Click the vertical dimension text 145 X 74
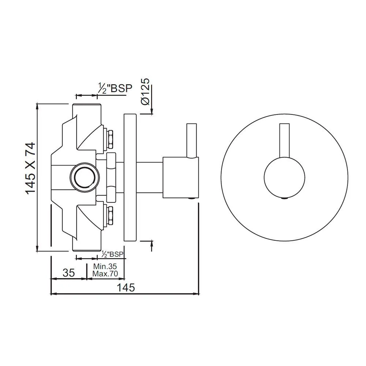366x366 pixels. (x=31, y=168)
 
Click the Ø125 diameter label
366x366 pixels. (x=145, y=91)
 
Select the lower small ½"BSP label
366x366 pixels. (x=112, y=254)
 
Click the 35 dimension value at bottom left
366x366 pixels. (x=68, y=273)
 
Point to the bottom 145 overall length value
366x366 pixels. (x=126, y=287)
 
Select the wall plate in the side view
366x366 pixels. (x=131, y=178)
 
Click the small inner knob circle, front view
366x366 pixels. (x=284, y=178)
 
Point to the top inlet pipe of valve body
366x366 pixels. (x=86, y=110)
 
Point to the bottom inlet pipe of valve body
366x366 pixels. (x=86, y=245)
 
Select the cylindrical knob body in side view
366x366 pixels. (x=180, y=177)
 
